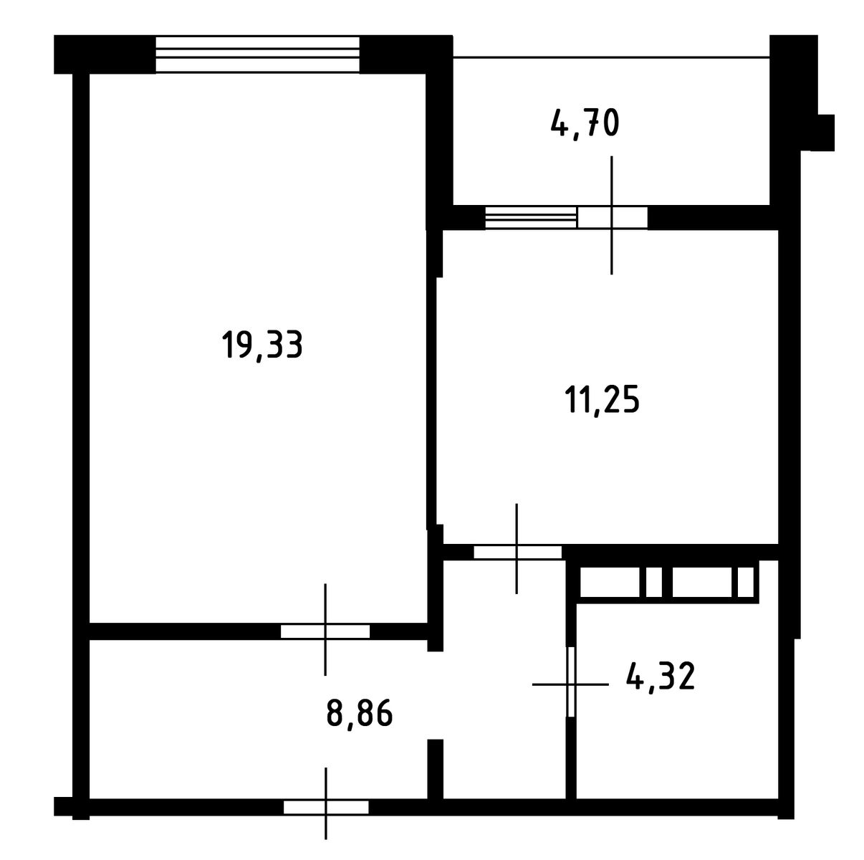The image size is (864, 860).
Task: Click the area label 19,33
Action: (x=262, y=345)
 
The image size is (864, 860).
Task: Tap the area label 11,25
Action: (x=603, y=400)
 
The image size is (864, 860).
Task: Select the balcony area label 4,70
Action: (x=585, y=123)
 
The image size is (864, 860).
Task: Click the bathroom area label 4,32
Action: (x=661, y=676)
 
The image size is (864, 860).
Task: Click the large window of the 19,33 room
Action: (x=257, y=54)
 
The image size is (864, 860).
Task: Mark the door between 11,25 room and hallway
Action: (x=517, y=552)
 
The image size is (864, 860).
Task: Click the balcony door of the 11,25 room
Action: (x=613, y=218)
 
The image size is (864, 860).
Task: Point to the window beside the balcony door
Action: (x=532, y=218)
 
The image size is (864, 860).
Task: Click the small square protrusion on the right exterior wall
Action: (x=826, y=133)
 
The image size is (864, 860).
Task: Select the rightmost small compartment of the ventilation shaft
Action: (x=745, y=582)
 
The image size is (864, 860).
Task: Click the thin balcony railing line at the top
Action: (x=611, y=57)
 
